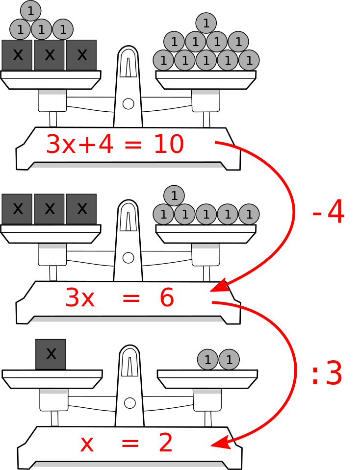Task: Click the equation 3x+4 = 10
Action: tap(115, 145)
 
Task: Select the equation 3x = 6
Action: tap(119, 298)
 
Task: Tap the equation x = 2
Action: tap(126, 443)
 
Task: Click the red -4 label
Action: tap(329, 213)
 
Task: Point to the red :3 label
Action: tap(327, 374)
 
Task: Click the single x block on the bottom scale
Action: tap(51, 354)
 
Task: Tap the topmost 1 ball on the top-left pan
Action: tap(31, 10)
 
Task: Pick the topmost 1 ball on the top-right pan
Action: tap(206, 23)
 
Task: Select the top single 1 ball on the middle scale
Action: tap(174, 196)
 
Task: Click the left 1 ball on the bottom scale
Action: tap(207, 360)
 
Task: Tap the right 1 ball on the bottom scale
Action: tap(229, 360)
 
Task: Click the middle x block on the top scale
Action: tap(50, 55)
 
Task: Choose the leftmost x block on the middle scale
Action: tap(17, 209)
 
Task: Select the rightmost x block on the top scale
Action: tap(81, 55)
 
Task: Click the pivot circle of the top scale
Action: tap(129, 103)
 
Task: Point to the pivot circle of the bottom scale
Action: tap(130, 403)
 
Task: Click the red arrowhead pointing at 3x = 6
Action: tap(217, 286)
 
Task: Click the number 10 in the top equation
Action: tap(168, 145)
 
